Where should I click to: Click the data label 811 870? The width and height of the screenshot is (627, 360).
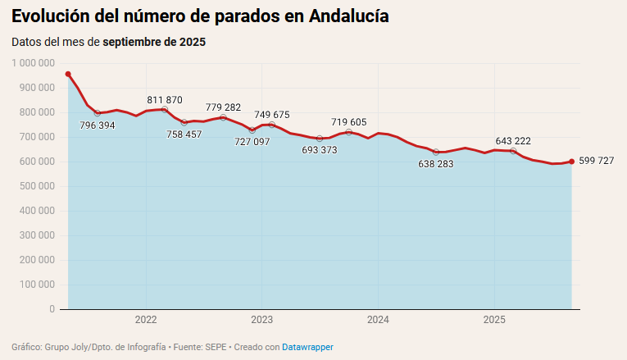point(165,100)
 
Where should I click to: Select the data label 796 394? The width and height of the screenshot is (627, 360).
point(98,125)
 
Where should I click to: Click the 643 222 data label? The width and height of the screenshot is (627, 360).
point(513,141)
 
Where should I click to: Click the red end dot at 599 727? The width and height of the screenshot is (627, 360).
point(571,162)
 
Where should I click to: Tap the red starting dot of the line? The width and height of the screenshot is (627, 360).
point(68,74)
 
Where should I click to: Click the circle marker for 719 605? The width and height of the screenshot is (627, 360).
point(349,132)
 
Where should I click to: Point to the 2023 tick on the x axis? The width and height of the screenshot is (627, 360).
point(262,319)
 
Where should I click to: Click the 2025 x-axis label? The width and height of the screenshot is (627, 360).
point(494,319)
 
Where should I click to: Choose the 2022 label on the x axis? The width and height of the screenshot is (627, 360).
point(146,319)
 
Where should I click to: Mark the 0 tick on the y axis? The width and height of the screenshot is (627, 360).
point(52,309)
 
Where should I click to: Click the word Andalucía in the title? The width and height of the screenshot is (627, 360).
point(349,16)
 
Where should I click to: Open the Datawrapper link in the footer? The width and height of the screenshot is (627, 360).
point(307,347)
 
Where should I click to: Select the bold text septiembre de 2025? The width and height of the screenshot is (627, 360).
point(154,41)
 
